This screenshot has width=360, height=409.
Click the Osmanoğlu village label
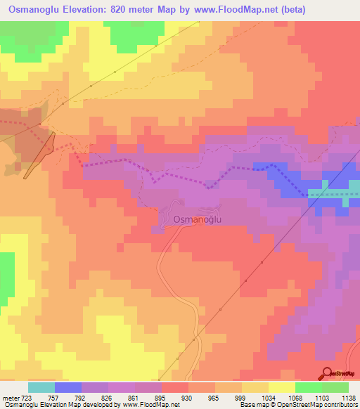tap(197, 219)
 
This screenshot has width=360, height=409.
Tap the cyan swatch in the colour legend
tap(41, 387)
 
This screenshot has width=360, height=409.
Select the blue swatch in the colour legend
tap(68, 387)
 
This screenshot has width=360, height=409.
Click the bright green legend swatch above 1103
tap(309, 387)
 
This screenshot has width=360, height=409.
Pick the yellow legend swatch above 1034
tap(282, 387)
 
